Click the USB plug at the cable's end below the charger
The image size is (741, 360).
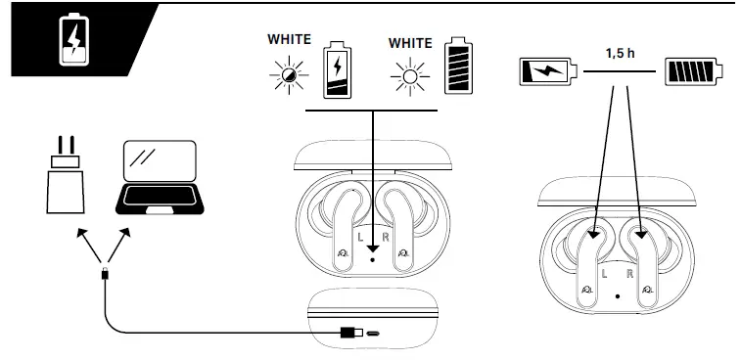105,274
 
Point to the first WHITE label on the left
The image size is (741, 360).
289,40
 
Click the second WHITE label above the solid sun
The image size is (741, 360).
409,43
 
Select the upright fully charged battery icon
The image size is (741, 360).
456,67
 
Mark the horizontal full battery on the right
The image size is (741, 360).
694,71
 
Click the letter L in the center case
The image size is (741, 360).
359,236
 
